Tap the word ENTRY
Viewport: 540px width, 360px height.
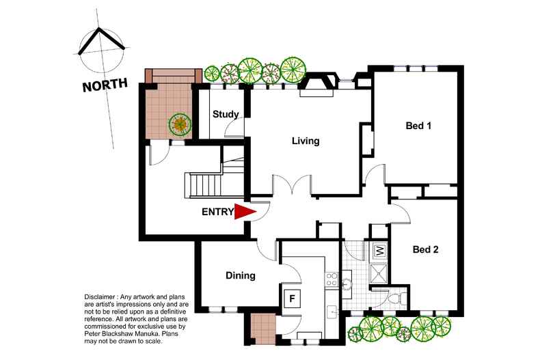[217, 212]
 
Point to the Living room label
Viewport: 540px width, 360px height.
[306, 141]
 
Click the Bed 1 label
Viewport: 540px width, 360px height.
[418, 126]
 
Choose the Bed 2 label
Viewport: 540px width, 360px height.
[425, 249]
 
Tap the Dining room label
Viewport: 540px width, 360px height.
[241, 276]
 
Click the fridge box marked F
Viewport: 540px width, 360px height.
[291, 299]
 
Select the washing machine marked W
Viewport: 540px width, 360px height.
[378, 251]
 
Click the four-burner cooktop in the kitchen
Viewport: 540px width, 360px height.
[332, 279]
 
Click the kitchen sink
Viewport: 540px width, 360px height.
[332, 311]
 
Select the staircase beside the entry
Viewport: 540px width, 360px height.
[205, 183]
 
